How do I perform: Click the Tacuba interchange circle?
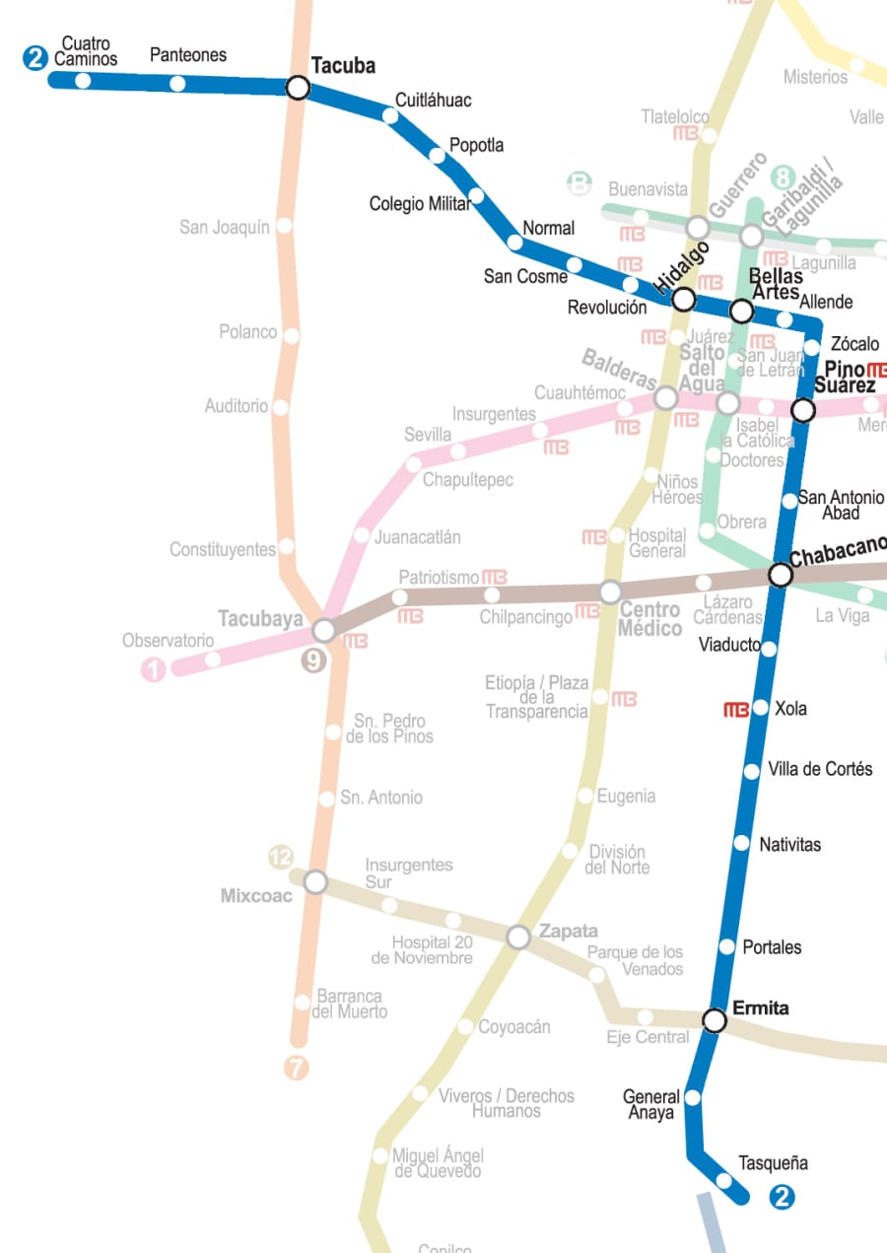(x=298, y=88)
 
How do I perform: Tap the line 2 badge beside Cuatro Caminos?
(x=35, y=58)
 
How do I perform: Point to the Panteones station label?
(x=187, y=55)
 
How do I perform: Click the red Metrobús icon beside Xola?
(x=735, y=709)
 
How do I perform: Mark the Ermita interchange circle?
(x=715, y=1020)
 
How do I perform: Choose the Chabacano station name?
(x=838, y=551)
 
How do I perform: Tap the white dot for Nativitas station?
(x=742, y=842)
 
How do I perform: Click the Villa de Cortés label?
(x=820, y=769)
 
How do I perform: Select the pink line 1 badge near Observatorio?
(x=154, y=670)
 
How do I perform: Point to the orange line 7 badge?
(x=296, y=1068)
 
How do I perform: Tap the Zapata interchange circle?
(x=518, y=937)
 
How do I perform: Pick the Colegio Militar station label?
(x=419, y=204)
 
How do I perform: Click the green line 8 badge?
(x=783, y=178)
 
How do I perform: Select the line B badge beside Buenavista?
(x=580, y=183)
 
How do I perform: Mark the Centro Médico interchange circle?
(x=610, y=592)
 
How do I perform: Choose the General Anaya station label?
(x=650, y=1104)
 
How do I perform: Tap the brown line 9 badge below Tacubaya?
(x=313, y=661)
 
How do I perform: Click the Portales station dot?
(x=727, y=946)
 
